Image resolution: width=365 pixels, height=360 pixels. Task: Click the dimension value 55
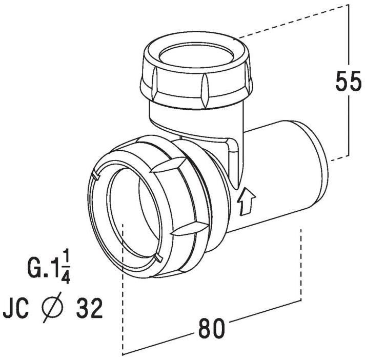tap(348, 81)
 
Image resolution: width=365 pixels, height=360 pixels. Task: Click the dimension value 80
tap(212, 328)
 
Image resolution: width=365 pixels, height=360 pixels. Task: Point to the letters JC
tap(15, 308)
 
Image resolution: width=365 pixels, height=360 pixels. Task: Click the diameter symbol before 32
tap(52, 307)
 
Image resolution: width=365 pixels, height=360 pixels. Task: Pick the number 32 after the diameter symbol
tap(90, 308)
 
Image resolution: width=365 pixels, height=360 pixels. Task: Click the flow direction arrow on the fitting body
tap(246, 202)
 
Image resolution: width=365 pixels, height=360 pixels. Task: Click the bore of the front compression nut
tap(133, 212)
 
